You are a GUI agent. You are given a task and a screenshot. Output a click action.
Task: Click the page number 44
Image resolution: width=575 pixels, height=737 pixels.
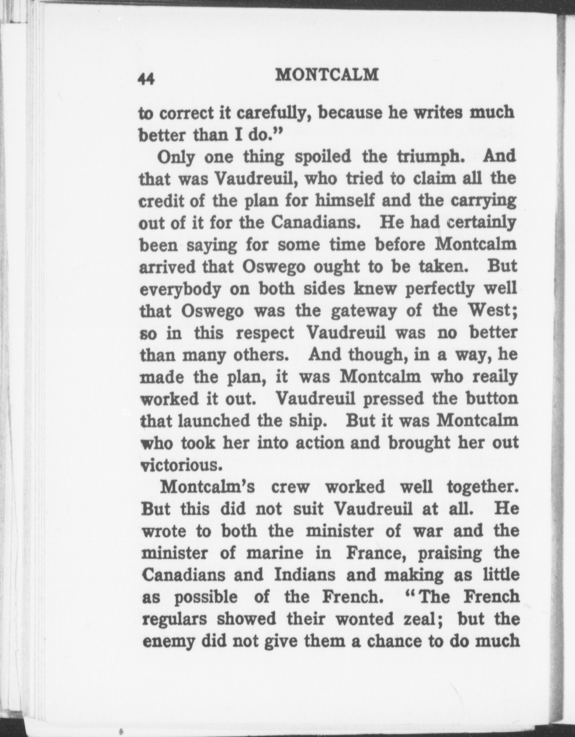(x=146, y=79)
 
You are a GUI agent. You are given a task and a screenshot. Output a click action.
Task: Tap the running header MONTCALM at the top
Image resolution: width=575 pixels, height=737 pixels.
(x=327, y=75)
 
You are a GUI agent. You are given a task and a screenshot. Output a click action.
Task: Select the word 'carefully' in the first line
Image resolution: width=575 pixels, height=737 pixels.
(x=272, y=114)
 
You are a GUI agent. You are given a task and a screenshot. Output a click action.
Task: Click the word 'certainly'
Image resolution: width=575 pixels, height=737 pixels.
(x=480, y=222)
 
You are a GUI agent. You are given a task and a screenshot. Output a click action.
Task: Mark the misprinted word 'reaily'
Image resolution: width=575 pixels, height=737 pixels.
(x=495, y=376)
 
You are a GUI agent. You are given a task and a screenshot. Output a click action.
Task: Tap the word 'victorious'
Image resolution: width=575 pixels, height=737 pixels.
(x=181, y=465)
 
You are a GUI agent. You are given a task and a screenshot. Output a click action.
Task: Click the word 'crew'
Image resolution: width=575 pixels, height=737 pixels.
(x=289, y=487)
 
